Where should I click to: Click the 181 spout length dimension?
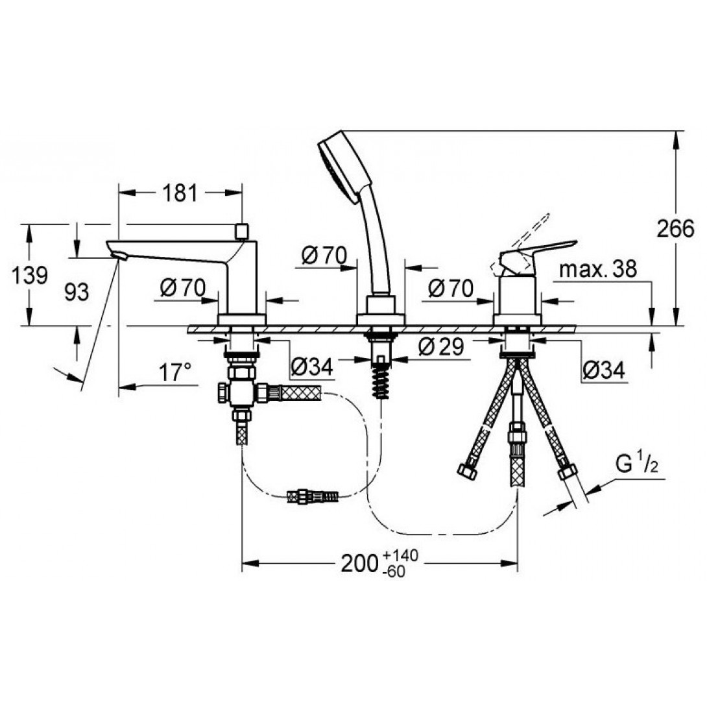[180, 193]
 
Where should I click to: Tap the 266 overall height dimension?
[675, 228]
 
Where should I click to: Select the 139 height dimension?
[29, 275]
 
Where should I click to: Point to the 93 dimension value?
[77, 292]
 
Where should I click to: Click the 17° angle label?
[175, 372]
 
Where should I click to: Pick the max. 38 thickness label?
[598, 269]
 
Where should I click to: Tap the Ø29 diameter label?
[441, 346]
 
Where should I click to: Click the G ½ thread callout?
[637, 464]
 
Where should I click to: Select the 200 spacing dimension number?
[359, 563]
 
